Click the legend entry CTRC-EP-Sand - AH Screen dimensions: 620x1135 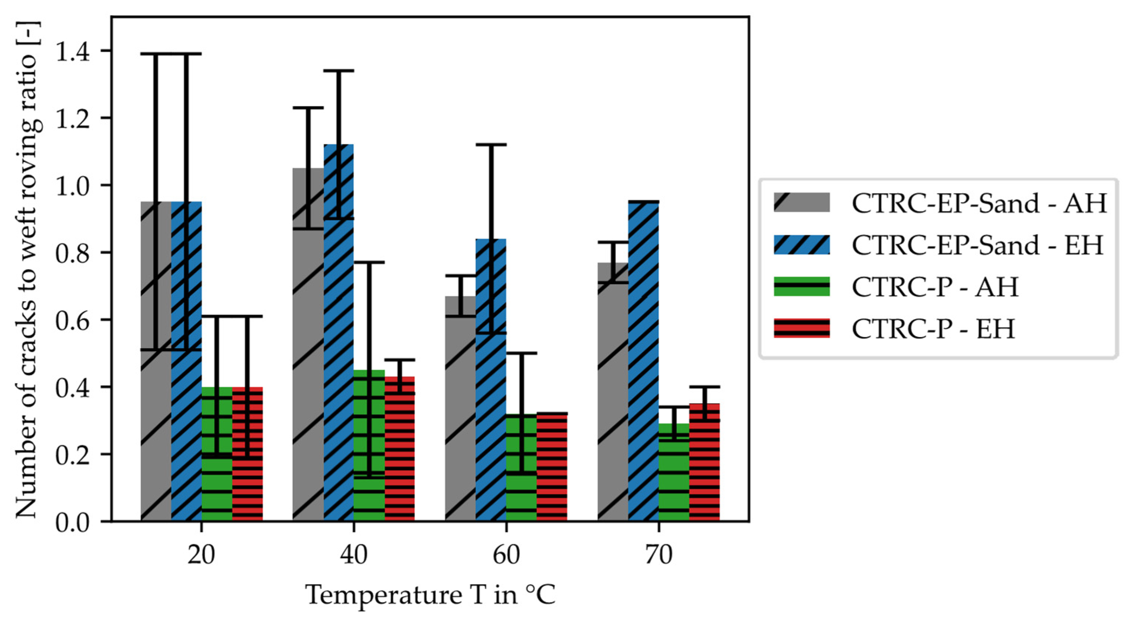pyautogui.click(x=980, y=203)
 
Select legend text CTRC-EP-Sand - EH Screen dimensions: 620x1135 pyautogui.click(x=978, y=245)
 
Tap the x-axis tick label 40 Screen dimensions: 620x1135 pyautogui.click(x=353, y=555)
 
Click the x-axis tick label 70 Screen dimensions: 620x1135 pyautogui.click(x=659, y=555)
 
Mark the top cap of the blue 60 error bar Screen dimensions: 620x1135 pyautogui.click(x=491, y=145)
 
